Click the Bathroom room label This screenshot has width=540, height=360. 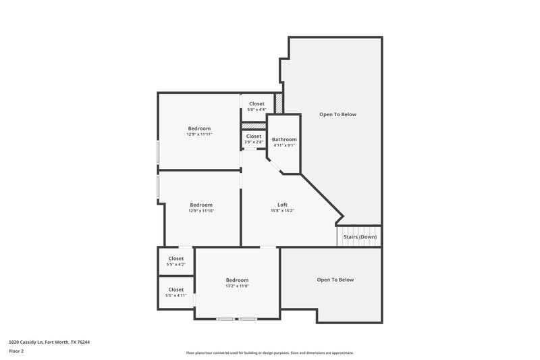coord(284,139)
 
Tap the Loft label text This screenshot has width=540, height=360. coord(282,205)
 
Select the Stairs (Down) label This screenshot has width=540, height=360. coord(360,237)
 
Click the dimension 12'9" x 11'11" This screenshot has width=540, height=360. coord(199,134)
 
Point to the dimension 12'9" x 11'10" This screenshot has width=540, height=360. coord(200,211)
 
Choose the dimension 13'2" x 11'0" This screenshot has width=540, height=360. coord(237,286)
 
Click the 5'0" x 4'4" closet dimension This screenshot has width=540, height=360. coord(256,109)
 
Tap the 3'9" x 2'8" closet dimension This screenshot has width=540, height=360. coord(254,142)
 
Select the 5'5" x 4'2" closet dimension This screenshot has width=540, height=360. coord(175,264)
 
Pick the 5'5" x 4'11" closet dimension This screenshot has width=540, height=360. coord(175,295)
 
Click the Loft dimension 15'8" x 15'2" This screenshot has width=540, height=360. coord(282,211)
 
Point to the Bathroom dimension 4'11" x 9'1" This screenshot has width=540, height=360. coord(284,145)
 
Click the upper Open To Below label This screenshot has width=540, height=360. coord(337,114)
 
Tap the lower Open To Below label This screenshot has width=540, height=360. coord(335,280)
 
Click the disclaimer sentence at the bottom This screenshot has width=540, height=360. coord(270,353)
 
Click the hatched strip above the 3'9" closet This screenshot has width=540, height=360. coord(254,125)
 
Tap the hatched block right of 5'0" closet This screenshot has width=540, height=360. coord(278,103)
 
